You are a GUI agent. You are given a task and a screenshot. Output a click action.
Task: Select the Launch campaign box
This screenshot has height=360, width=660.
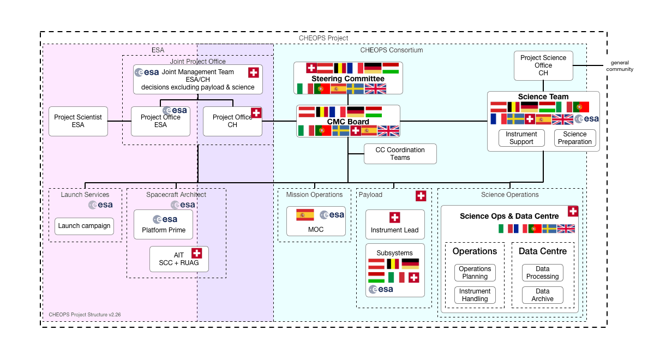pos(84,226)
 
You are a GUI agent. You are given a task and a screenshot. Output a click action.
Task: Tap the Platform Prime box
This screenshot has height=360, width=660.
pos(164,225)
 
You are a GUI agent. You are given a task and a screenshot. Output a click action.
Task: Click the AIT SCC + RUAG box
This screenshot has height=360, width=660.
pos(179,259)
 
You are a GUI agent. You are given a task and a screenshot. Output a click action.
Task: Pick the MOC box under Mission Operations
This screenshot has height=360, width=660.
pos(316,221)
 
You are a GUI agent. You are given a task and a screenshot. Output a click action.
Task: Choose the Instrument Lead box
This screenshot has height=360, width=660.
pos(394,224)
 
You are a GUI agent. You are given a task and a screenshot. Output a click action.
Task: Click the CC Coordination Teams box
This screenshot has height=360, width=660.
pos(400,153)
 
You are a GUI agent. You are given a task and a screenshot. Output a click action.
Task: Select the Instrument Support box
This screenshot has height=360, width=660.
pos(521,138)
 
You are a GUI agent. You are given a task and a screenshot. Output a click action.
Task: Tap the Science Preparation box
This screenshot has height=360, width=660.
pos(575,138)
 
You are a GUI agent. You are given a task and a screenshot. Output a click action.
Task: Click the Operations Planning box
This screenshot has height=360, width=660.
pos(475,273)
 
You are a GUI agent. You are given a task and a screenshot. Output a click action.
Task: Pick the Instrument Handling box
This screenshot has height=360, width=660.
pos(475,295)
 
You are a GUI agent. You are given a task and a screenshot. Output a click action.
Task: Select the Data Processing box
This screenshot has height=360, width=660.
pos(542,273)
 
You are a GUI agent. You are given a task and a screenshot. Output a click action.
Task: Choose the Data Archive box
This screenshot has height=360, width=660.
pos(542,295)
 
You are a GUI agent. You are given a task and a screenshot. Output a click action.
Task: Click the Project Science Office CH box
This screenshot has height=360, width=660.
pos(543,65)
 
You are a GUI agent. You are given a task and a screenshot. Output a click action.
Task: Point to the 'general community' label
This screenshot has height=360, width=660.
pos(622,66)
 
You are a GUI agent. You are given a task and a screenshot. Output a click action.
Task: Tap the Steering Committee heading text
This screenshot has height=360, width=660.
pos(347,79)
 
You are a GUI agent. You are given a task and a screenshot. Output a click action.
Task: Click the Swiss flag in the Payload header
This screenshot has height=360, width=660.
pos(421,196)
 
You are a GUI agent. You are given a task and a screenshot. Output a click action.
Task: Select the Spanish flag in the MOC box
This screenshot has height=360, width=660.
pos(304,214)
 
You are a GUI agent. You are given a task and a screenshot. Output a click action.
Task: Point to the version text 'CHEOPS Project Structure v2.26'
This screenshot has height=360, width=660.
pos(85,315)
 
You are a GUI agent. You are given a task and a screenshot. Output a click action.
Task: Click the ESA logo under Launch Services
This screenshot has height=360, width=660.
pos(101,205)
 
